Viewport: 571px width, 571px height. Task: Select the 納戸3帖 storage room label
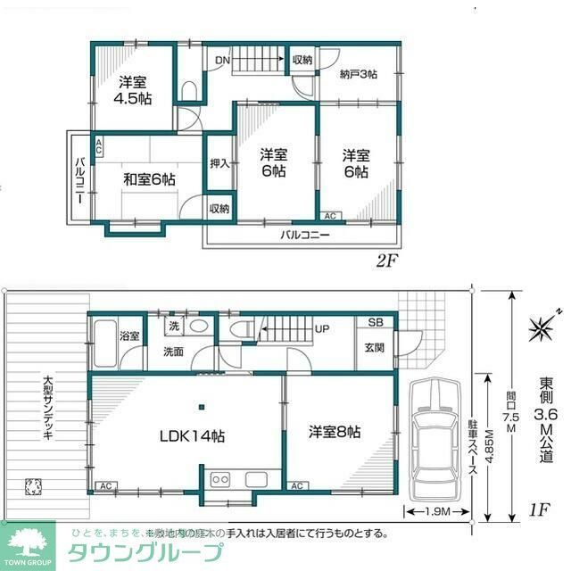click(359, 75)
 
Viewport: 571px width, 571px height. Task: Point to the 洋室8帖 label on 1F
click(335, 432)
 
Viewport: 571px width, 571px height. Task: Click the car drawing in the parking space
click(432, 439)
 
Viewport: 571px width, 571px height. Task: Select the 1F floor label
click(537, 510)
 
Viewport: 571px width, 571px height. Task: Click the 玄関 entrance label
click(375, 348)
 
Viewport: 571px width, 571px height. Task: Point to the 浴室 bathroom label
click(129, 336)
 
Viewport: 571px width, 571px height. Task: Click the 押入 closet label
click(219, 163)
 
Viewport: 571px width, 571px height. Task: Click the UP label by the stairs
click(322, 328)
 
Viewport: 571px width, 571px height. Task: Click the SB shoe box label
click(376, 323)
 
